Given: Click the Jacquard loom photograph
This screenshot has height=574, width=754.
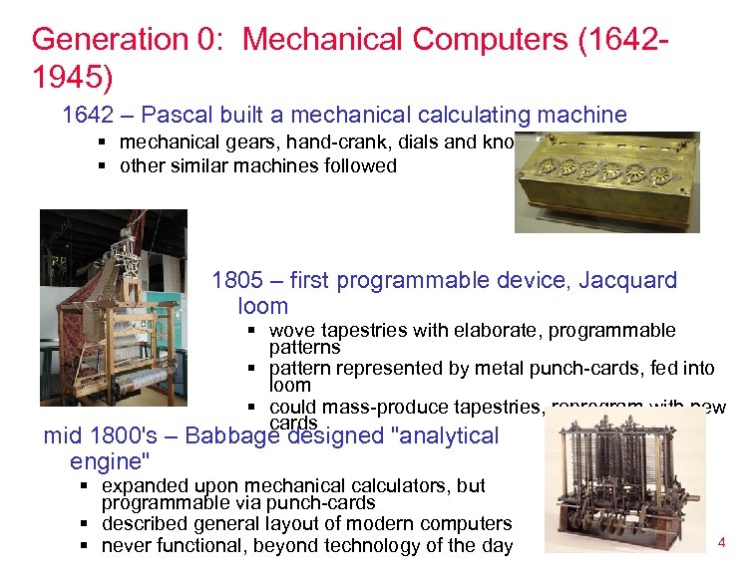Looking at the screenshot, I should click(113, 307).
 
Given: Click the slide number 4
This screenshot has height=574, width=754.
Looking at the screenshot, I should click(721, 543).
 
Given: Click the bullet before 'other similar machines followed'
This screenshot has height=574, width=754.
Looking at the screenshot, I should click(102, 166).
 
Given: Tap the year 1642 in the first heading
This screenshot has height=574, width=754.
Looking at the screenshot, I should click(88, 115).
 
